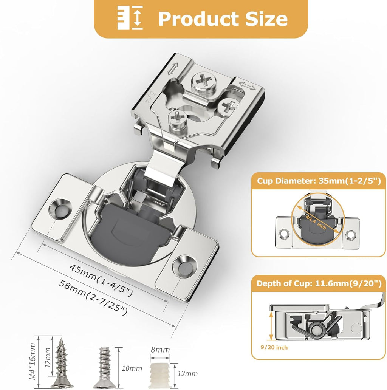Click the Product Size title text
[x=223, y=19]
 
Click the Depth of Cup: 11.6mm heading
[x=319, y=283]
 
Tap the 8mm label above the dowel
[x=160, y=350]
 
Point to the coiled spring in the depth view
[x=312, y=328]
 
